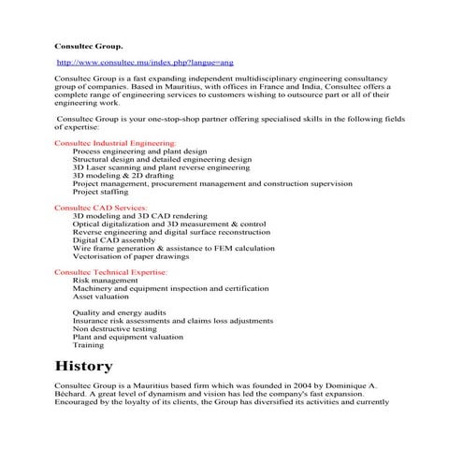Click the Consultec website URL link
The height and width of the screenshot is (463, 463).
click(x=146, y=61)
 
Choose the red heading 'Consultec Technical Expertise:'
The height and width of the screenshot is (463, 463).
click(x=111, y=271)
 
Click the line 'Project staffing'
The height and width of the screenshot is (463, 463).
click(x=103, y=191)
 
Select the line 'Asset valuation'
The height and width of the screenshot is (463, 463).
click(x=103, y=296)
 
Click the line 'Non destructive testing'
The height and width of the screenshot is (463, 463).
click(x=115, y=328)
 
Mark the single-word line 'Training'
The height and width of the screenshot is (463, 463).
click(x=89, y=344)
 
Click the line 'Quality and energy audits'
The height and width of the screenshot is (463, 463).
click(x=119, y=312)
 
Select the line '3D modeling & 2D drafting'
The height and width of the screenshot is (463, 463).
click(x=124, y=175)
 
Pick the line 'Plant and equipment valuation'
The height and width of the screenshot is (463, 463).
click(x=128, y=337)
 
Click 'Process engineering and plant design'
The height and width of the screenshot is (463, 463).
click(x=139, y=151)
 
